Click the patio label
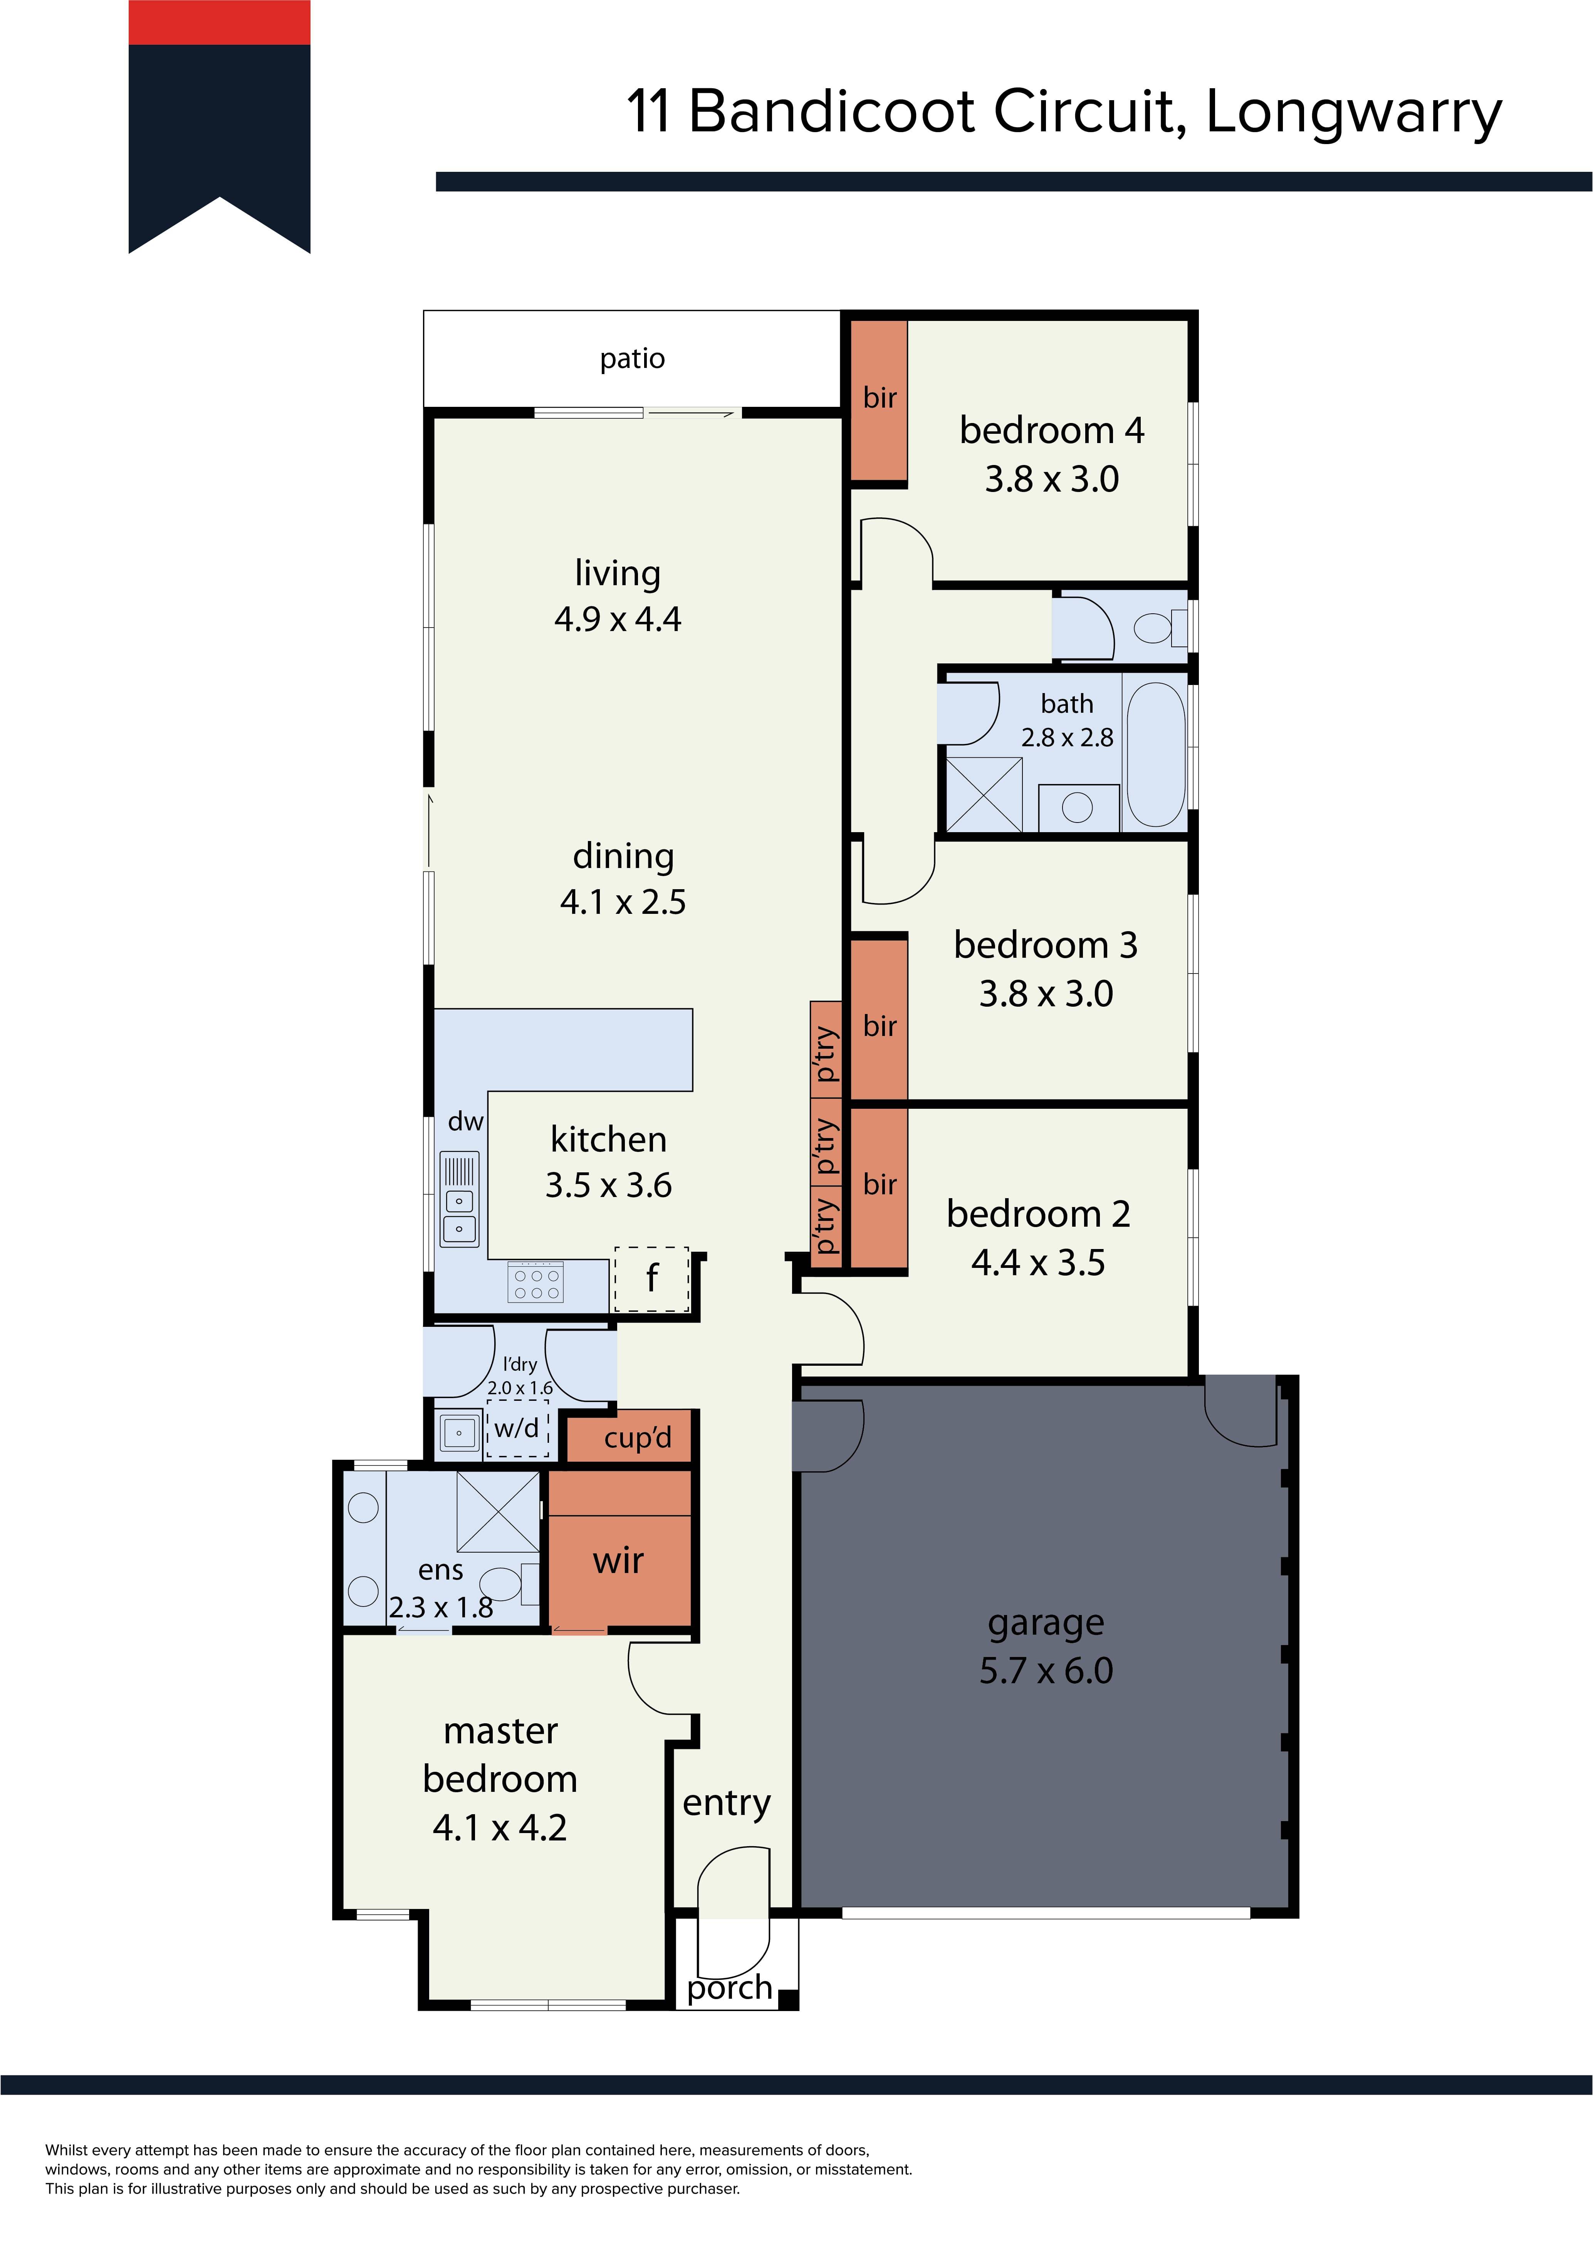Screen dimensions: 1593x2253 632,359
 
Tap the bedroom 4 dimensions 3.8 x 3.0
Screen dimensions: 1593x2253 1051,479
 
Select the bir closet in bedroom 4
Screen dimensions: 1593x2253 878,400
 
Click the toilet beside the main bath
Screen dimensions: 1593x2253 1161,626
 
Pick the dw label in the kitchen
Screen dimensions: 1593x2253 465,1121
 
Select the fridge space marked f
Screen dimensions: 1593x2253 652,1279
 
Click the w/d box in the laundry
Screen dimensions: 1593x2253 517,1429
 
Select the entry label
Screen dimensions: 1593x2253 726,1803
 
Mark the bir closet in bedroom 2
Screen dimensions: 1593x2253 878,1187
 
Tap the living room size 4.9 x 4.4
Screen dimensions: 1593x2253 618,619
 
